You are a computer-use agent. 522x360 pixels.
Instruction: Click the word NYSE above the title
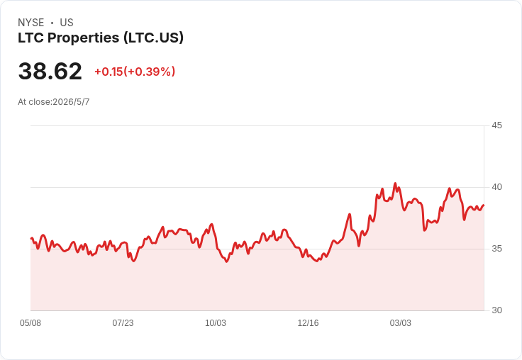[x=31, y=23]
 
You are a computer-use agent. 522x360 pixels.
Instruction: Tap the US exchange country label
[x=67, y=23]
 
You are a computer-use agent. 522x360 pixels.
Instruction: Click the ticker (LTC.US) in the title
[x=153, y=38]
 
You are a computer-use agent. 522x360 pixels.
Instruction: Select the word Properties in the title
[x=83, y=38]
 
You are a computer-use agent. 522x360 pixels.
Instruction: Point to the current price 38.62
[x=50, y=71]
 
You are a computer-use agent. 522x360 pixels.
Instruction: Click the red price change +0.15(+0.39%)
[x=135, y=72]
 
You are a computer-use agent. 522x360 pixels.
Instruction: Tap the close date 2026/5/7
[x=71, y=102]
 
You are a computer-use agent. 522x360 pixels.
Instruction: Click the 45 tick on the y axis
[x=496, y=125]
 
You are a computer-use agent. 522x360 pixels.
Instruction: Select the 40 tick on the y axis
[x=496, y=187]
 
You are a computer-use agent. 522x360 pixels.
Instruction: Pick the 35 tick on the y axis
[x=496, y=249]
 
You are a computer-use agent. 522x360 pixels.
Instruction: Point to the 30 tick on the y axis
[x=496, y=310]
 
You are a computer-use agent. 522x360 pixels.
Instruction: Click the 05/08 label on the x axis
[x=30, y=323]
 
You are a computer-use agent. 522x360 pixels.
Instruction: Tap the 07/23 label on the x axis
[x=123, y=323]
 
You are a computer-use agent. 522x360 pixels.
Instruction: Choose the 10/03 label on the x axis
[x=216, y=323]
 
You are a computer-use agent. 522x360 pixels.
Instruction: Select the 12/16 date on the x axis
[x=308, y=323]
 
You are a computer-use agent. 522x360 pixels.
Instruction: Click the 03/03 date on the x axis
[x=401, y=323]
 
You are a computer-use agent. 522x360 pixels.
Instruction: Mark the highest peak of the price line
[x=395, y=183]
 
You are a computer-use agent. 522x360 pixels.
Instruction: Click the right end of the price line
[x=484, y=206]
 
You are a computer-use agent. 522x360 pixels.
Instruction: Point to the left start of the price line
[x=31, y=238]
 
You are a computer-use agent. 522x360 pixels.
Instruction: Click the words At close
[x=34, y=102]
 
